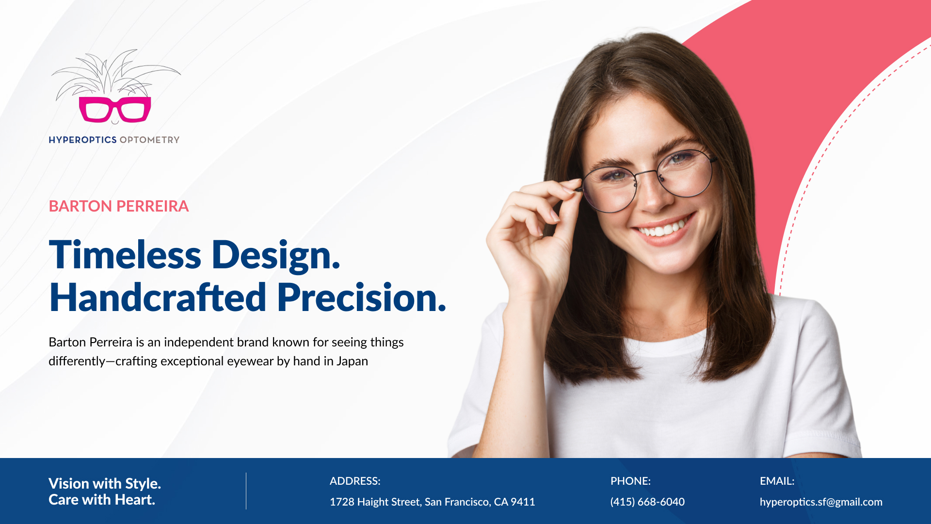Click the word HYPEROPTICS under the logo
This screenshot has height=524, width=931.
click(x=82, y=140)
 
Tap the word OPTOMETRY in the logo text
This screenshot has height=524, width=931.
click(x=149, y=140)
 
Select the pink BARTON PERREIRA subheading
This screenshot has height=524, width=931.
click(x=119, y=206)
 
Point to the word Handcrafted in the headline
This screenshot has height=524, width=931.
click(x=158, y=297)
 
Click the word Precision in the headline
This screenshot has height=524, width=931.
click(x=362, y=297)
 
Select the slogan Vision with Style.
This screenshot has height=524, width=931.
click(x=105, y=483)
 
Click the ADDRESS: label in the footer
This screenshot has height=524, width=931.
click(x=355, y=481)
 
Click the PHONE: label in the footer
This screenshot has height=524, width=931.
click(x=630, y=481)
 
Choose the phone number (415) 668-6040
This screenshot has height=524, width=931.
click(x=647, y=502)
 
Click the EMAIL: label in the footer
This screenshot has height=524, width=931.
click(x=777, y=481)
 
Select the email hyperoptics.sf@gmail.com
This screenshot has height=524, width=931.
click(x=821, y=502)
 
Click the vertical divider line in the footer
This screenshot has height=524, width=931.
click(x=246, y=491)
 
